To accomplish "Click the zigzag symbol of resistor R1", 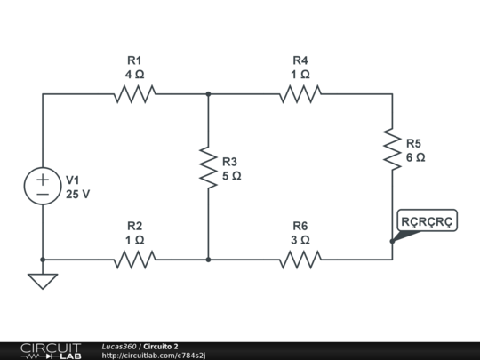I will pos(134,93).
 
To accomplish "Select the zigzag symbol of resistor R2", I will pos(134,260).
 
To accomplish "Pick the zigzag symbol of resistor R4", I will pos(300,93).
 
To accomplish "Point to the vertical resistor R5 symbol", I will pos(392,148).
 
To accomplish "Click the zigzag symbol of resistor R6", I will pos(300,260).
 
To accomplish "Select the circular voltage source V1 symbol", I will pos(43,186).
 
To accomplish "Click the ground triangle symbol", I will pos(43,281).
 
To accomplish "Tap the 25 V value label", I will pos(77,194).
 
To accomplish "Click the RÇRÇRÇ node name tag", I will pos(428,220).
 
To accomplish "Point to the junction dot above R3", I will pos(208,93).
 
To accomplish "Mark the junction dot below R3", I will pos(208,260).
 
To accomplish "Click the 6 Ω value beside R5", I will pos(415,157).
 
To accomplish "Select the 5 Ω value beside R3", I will pos(231,176).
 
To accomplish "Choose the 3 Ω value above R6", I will pos(300,240).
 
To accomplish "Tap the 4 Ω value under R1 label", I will pos(134,75).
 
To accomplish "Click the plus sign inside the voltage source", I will pos(43,178).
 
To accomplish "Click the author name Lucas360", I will pos(117,346).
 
